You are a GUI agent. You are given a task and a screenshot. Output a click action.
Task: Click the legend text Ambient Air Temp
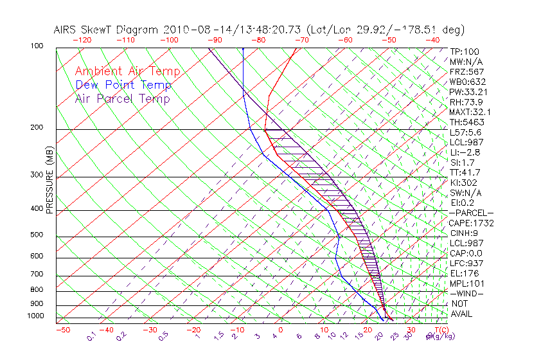[127, 71]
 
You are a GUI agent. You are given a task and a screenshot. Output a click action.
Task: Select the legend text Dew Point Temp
[123, 85]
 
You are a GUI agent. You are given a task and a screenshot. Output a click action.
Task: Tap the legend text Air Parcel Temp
[122, 98]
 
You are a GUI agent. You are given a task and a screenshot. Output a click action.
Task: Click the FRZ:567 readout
[467, 71]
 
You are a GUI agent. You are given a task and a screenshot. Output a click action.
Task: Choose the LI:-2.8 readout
[465, 152]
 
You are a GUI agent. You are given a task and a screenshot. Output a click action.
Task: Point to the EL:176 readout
[464, 273]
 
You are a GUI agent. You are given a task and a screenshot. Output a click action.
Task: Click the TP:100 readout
[464, 51]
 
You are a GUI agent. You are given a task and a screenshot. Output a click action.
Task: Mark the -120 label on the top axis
[82, 40]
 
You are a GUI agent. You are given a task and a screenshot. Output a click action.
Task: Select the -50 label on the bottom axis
[63, 330]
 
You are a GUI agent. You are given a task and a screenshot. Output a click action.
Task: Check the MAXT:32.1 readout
[469, 112]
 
